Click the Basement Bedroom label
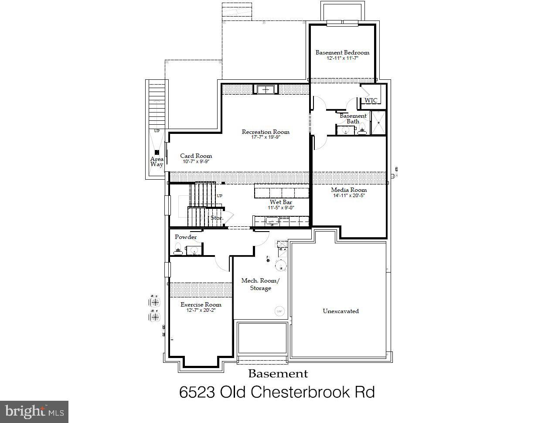click(x=342, y=52)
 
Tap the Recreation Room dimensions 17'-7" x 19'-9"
click(x=266, y=137)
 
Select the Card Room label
click(x=196, y=156)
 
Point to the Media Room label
click(x=349, y=190)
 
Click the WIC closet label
click(x=371, y=100)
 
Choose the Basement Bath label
click(x=353, y=119)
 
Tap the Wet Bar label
click(x=281, y=202)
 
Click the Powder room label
click(x=186, y=237)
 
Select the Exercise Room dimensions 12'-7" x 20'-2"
click(x=201, y=310)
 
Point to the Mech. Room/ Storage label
click(x=260, y=284)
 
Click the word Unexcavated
click(x=340, y=311)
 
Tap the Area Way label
click(x=157, y=162)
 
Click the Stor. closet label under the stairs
click(x=217, y=218)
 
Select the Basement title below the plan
click(x=278, y=374)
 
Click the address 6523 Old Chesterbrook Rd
click(x=277, y=392)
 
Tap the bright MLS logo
click(x=34, y=412)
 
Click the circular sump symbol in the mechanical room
click(x=279, y=311)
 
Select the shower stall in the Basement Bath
click(x=378, y=123)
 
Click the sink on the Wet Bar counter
click(x=272, y=221)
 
